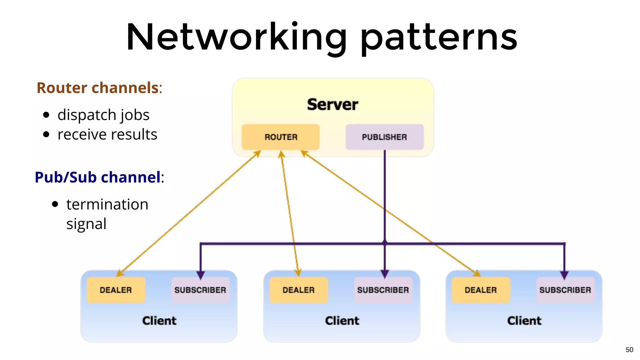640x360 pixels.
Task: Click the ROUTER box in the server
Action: tap(281, 137)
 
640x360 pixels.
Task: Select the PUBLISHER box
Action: tap(384, 137)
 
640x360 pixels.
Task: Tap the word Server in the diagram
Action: tap(332, 104)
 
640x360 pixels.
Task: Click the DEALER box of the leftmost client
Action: tap(116, 290)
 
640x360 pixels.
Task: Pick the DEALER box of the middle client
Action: tap(298, 290)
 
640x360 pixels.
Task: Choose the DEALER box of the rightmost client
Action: tap(481, 290)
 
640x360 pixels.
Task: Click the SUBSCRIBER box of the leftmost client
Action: tap(200, 290)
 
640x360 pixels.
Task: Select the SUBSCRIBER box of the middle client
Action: tap(383, 290)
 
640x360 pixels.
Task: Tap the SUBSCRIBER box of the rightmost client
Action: tap(565, 290)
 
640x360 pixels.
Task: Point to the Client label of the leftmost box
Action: tap(159, 321)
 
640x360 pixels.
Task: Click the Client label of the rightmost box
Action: tap(524, 321)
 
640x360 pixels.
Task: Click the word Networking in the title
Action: tap(236, 37)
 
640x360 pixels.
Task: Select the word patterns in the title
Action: tap(439, 39)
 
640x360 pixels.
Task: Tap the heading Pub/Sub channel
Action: tap(98, 177)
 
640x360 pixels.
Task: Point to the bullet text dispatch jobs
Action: tap(103, 115)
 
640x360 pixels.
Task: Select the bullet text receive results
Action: tap(107, 135)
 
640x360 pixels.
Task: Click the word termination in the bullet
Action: tap(107, 204)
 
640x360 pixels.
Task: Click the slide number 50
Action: tap(629, 350)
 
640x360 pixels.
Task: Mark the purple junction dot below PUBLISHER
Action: tap(385, 242)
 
